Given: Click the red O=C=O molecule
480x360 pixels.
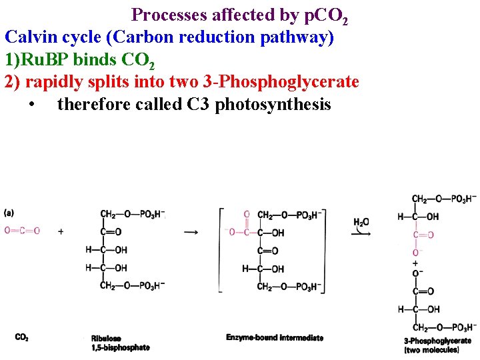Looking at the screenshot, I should [22, 231].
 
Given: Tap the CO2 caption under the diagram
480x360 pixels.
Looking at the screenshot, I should [22, 337].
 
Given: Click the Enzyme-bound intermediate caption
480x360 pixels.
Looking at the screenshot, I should [274, 337].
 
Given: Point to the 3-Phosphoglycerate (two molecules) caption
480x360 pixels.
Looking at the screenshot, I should [432, 345].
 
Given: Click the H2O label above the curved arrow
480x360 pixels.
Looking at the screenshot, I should [361, 221].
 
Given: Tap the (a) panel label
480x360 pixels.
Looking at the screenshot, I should [9, 213].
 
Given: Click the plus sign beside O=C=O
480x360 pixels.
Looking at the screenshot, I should [61, 231].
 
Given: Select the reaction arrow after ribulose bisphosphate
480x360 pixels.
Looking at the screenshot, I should [191, 232].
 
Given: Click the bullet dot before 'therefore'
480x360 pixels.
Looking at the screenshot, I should [33, 105].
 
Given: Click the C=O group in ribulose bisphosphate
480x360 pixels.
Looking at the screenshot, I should [111, 232].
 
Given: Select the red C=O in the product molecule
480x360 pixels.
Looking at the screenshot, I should [423, 235].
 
